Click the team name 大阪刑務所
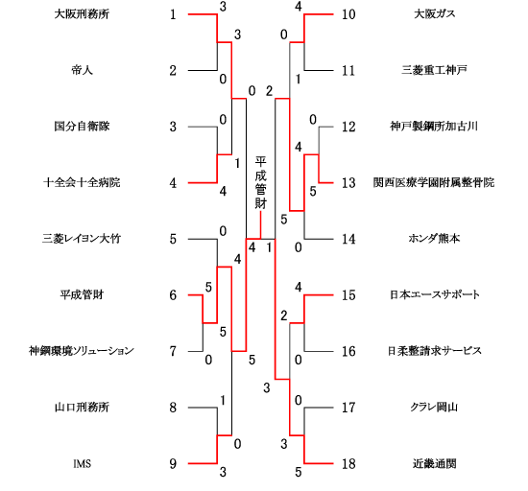tap(82, 14)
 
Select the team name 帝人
tap(82, 70)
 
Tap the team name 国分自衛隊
tap(82, 127)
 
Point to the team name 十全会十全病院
tap(82, 182)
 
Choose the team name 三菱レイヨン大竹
tap(82, 239)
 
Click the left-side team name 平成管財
tap(82, 295)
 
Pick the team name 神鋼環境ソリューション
tap(82, 351)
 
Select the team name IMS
tap(83, 464)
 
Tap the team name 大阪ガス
tap(434, 14)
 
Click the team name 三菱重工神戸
tap(434, 70)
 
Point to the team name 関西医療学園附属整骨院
tap(434, 182)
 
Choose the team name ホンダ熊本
tap(434, 239)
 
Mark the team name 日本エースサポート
tap(434, 295)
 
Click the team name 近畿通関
tap(434, 464)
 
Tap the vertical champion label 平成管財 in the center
tap(260, 182)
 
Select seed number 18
tap(348, 464)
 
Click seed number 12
tap(348, 127)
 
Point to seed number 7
tap(173, 351)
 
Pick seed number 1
tap(173, 14)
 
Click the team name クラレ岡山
tap(434, 408)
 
